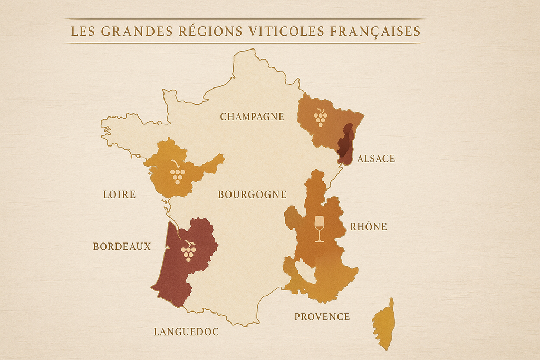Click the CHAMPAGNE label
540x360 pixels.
(252, 117)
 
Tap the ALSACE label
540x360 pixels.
(375, 159)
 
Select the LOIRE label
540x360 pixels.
(119, 194)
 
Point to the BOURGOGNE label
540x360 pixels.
(252, 194)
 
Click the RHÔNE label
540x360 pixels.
(369, 227)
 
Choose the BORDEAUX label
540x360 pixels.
(122, 247)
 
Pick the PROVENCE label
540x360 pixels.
(322, 317)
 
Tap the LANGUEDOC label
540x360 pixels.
(186, 332)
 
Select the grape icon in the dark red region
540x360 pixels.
(188, 251)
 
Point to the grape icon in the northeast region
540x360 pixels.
(320, 118)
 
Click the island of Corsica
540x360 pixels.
(383, 324)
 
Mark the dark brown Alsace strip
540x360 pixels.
(345, 143)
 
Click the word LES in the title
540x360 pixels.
(83, 32)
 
